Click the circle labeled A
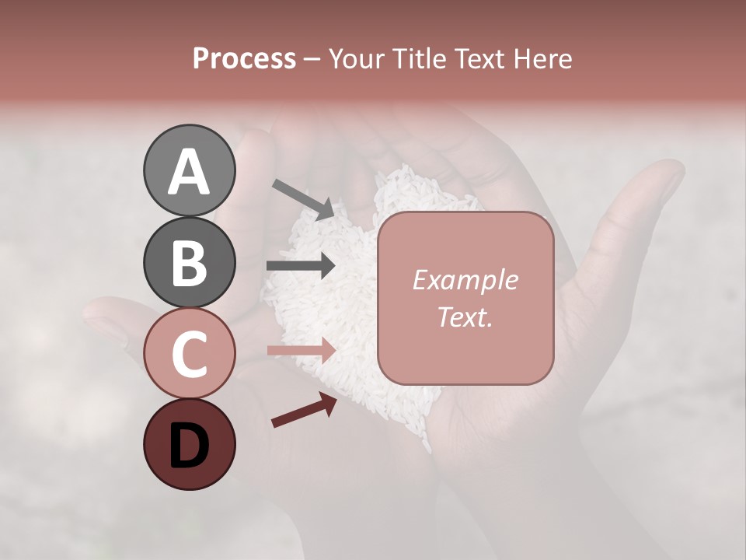[x=189, y=170]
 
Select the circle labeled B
[x=189, y=262]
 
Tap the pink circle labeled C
[x=189, y=353]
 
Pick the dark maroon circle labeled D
[x=189, y=444]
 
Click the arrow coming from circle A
[x=303, y=198]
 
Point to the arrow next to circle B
[x=301, y=265]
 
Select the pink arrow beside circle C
[x=301, y=351]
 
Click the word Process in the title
[x=244, y=58]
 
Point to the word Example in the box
[x=465, y=280]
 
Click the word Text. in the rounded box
[x=465, y=317]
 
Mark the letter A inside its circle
[x=189, y=171]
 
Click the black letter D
[x=189, y=446]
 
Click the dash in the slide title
[x=312, y=59]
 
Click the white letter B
[x=189, y=263]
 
